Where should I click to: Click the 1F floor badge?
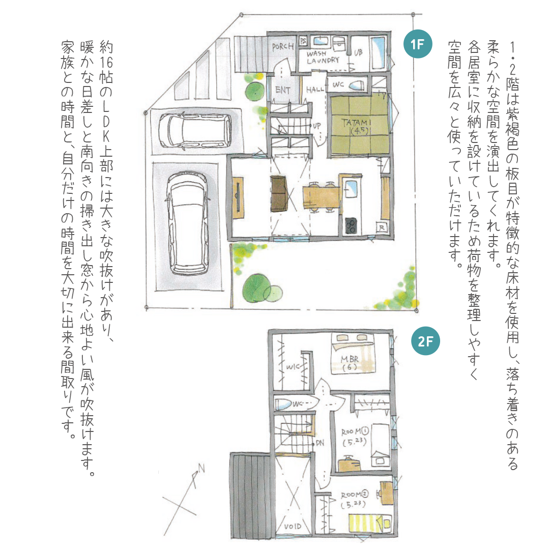pos(417,44)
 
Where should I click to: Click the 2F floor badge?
pos(425,341)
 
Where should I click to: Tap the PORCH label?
pos(283,46)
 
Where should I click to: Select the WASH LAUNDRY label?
pos(323,57)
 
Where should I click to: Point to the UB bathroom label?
pos(358,52)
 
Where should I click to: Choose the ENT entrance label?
pos(283,90)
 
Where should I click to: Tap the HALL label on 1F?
pos(315,90)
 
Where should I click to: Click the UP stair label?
pos(316,126)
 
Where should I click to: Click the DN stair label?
pos(320,443)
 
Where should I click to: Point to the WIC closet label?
pos(293,367)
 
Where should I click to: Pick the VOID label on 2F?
pos(293,526)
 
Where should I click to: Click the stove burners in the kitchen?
pos(351,226)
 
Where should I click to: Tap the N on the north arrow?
pos(201,468)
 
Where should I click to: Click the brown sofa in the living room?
pos(279,193)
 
